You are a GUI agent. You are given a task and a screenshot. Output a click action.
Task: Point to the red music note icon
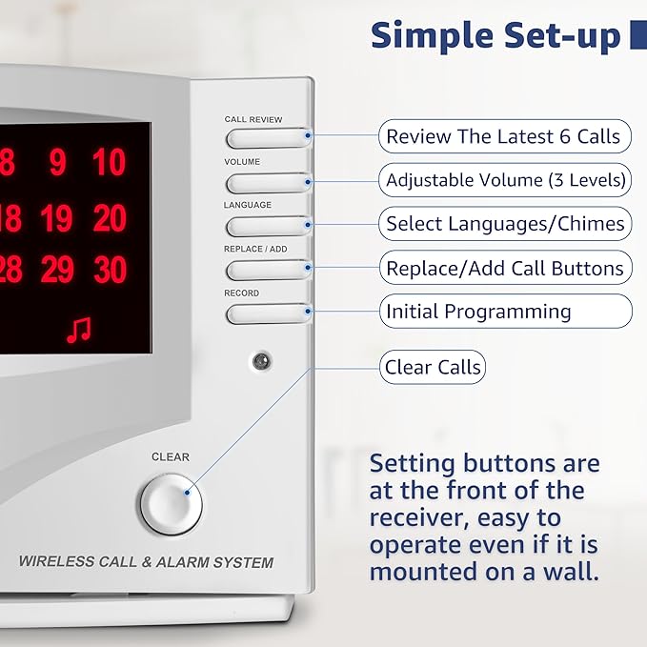coord(79,330)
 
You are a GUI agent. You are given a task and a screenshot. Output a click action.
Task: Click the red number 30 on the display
coord(110,271)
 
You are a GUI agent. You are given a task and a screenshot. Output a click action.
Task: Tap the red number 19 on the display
coord(57,219)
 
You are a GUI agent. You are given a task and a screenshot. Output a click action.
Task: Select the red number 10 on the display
coord(110,164)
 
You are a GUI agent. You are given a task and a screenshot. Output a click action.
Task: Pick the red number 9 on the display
coord(58,164)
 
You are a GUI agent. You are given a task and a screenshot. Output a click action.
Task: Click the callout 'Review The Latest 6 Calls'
coord(504,136)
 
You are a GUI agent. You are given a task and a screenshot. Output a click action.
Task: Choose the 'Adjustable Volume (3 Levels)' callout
coord(505,180)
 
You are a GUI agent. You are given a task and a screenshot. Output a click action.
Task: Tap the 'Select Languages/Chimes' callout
coord(505,224)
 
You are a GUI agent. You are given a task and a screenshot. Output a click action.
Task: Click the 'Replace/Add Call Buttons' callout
coord(505,268)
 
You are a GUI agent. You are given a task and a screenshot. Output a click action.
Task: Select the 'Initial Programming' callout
coord(505,312)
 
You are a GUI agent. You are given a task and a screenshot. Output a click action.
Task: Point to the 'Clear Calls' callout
coord(432,367)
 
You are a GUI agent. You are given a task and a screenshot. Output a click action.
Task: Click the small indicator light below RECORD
coord(259,361)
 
